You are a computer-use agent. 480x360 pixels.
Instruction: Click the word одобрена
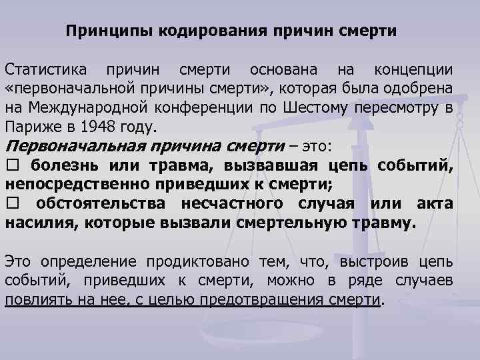click(421, 89)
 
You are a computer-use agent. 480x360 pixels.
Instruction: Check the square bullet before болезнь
click(12, 166)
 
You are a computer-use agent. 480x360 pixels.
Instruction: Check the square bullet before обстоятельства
click(12, 203)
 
